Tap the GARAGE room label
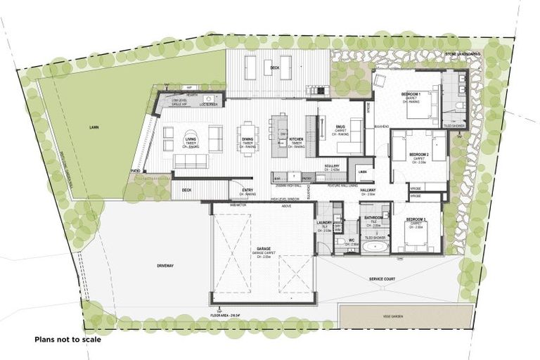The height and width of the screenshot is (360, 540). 263,249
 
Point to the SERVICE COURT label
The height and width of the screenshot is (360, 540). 384,278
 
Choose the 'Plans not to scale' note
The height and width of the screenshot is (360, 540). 67,339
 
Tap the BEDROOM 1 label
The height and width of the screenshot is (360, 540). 411,94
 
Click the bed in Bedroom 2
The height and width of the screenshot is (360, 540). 419,148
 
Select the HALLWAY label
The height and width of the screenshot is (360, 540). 368,191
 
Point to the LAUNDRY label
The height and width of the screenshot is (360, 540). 323,222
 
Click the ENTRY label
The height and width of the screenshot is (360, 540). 247,190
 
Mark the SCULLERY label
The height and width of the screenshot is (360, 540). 332,166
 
